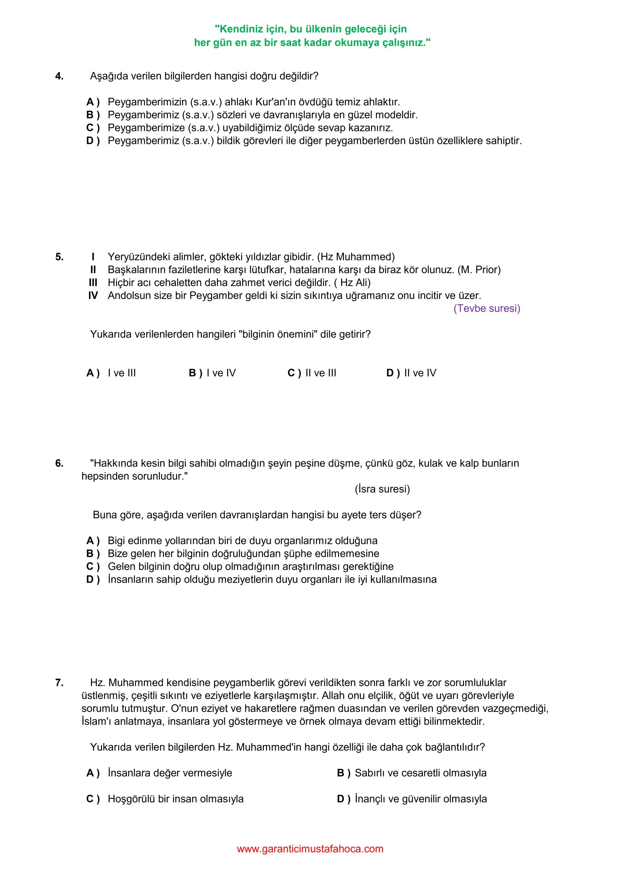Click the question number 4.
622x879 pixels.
(59, 76)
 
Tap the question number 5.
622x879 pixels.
(59, 257)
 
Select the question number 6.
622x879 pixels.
(59, 463)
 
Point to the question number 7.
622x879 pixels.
(59, 683)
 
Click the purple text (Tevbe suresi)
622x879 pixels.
(487, 309)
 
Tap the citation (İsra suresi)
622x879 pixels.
(382, 489)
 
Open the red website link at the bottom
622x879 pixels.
(310, 849)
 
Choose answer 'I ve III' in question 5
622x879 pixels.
(122, 373)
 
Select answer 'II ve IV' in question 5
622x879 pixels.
(420, 373)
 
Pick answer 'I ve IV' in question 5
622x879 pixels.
(221, 373)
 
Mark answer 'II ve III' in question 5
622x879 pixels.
(320, 373)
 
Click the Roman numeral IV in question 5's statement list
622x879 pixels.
(93, 296)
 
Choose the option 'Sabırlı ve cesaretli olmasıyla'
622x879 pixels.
(420, 773)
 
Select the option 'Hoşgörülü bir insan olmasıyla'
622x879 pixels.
(176, 799)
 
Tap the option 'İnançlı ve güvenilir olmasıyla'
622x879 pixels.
(421, 799)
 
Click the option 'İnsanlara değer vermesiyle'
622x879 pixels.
(170, 773)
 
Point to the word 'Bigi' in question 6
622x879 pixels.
(116, 541)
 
